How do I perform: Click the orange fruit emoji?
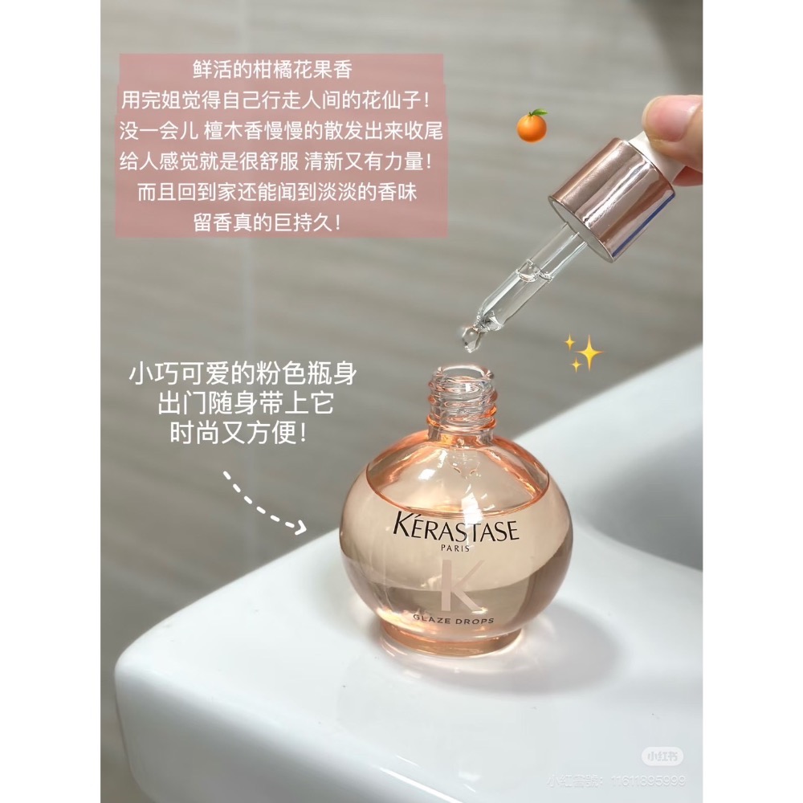pos(532,126)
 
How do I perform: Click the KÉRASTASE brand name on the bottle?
pos(456,530)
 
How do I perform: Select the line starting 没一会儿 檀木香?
pos(280,131)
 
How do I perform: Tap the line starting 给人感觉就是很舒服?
pos(280,161)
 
